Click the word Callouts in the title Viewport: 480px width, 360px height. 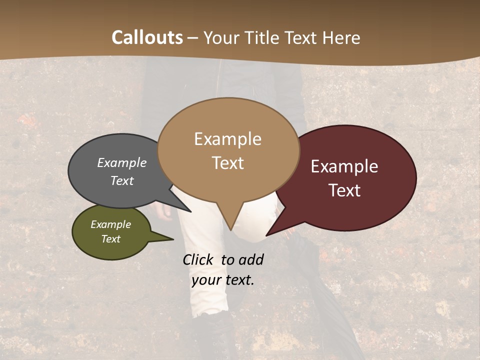tap(147, 37)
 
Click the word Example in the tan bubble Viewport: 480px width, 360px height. tap(227, 139)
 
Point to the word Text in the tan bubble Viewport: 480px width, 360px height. tap(228, 162)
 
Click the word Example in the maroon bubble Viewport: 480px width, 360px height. tap(344, 166)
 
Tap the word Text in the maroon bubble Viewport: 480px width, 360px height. tap(345, 190)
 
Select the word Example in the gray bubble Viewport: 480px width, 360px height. tap(122, 163)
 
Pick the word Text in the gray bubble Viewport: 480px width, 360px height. tap(122, 180)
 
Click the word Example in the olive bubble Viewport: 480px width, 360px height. tap(111, 224)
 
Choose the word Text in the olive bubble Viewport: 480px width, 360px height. tap(111, 239)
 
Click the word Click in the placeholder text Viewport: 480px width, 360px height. tap(199, 259)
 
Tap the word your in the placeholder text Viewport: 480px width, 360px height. tap(205, 280)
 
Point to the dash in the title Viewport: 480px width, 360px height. tap(193, 37)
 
